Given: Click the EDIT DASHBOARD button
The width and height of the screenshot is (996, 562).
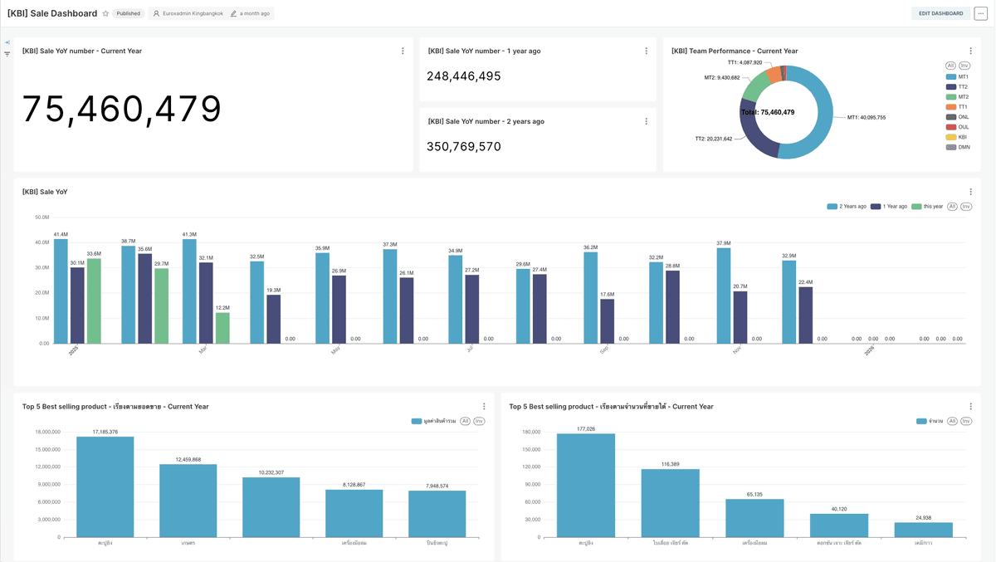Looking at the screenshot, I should click(940, 13).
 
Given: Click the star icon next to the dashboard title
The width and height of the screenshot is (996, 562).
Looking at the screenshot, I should click(105, 13).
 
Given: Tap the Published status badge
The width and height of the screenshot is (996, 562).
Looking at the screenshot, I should click(128, 13).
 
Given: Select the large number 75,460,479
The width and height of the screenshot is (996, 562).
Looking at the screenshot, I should click(121, 110).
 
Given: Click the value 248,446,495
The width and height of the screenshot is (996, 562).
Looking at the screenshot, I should click(464, 76).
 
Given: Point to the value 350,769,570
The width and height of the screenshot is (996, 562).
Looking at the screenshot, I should click(464, 147).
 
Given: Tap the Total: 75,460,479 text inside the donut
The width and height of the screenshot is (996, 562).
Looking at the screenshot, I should click(767, 112).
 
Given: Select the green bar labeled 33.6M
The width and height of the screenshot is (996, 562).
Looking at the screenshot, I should click(94, 301).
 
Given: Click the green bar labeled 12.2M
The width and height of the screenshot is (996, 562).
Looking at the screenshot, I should click(222, 327).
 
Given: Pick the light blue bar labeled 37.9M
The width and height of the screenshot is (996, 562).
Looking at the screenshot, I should click(723, 295).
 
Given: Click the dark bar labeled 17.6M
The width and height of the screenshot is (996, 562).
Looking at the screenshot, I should click(607, 320).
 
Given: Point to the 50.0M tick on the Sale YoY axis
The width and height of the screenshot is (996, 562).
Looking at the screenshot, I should click(41, 217).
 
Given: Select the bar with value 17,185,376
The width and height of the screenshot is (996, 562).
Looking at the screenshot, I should click(105, 486).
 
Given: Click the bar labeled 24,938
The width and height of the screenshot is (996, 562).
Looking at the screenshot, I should click(923, 529).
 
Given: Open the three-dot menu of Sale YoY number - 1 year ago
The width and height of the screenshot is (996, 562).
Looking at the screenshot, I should click(647, 51).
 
